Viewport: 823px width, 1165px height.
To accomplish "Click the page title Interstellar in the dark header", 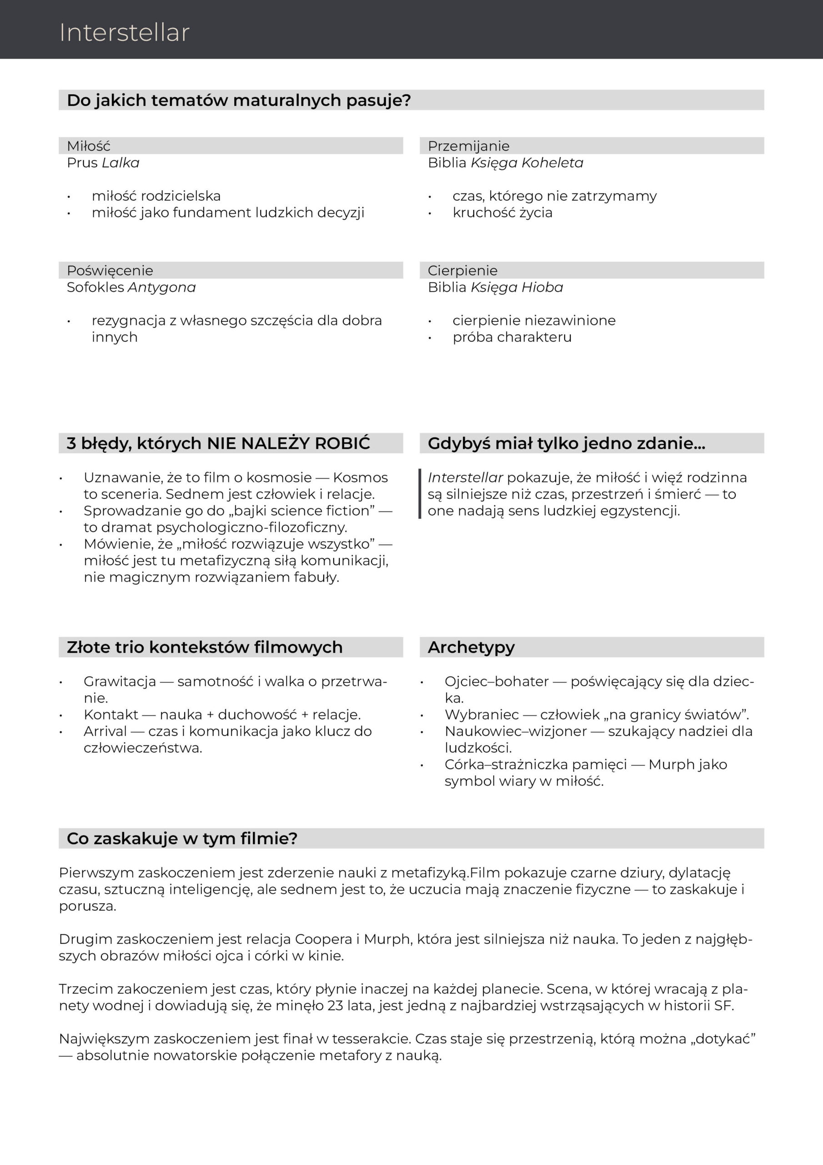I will [124, 33].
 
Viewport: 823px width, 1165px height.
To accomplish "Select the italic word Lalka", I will [120, 163].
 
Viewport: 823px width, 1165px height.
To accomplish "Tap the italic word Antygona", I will [162, 287].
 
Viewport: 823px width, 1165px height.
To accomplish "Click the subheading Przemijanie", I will [468, 146].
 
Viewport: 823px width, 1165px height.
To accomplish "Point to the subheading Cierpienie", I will [462, 270].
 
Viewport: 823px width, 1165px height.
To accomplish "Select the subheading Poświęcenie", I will [110, 270].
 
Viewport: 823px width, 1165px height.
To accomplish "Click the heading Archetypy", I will [471, 648].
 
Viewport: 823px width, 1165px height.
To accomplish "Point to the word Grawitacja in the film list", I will [120, 681].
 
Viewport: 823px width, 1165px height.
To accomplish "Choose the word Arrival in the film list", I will [105, 731].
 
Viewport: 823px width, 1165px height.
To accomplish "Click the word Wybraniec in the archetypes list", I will [481, 714].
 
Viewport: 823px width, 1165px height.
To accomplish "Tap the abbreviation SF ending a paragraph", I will [723, 1005].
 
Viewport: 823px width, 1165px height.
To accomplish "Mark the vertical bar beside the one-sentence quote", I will [420, 494].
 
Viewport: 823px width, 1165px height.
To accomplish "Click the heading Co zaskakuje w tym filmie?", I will [182, 838].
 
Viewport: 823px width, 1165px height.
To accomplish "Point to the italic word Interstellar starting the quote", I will [465, 477].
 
